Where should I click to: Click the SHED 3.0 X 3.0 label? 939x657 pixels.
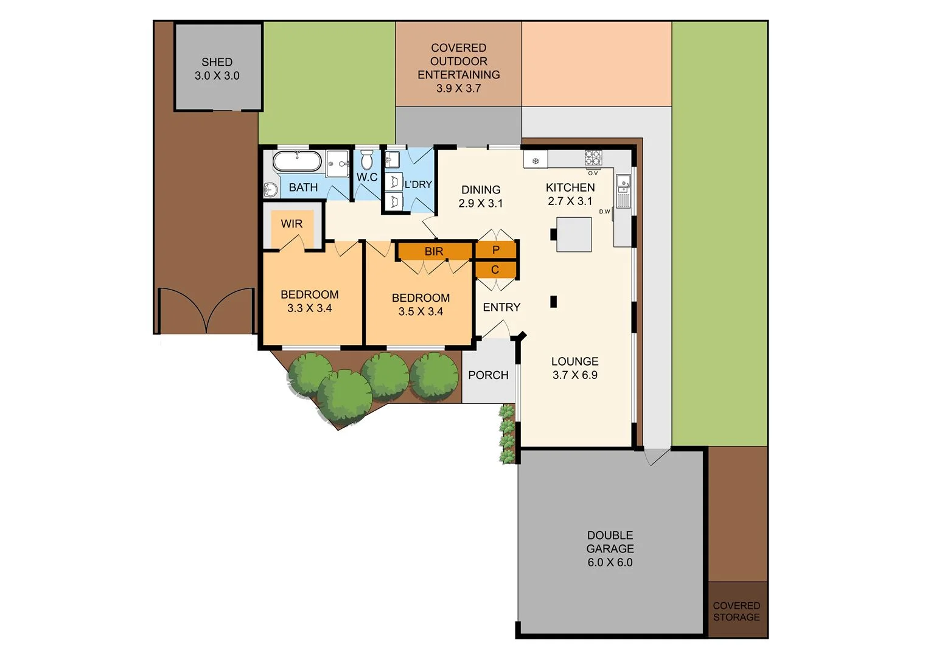pyautogui.click(x=217, y=69)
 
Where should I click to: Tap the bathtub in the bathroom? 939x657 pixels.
pyautogui.click(x=296, y=162)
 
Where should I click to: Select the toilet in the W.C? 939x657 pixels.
pyautogui.click(x=366, y=161)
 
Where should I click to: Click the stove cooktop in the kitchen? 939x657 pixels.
pyautogui.click(x=593, y=158)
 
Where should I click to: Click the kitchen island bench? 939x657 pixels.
pyautogui.click(x=573, y=234)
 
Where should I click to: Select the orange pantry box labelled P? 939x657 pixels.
pyautogui.click(x=495, y=250)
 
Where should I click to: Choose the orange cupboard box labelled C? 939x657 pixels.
pyautogui.click(x=495, y=269)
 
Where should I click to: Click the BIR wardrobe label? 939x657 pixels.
pyautogui.click(x=434, y=251)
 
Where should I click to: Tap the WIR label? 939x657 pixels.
pyautogui.click(x=291, y=224)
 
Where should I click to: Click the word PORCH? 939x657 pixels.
pyautogui.click(x=488, y=375)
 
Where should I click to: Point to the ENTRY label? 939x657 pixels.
pyautogui.click(x=501, y=307)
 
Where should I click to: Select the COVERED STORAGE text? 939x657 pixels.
pyautogui.click(x=736, y=611)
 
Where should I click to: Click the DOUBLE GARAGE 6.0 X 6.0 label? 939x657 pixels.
pyautogui.click(x=610, y=549)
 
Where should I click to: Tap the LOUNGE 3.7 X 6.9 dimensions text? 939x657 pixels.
pyautogui.click(x=574, y=375)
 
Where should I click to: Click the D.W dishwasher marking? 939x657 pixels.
pyautogui.click(x=604, y=212)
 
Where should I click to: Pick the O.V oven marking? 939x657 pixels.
pyautogui.click(x=592, y=173)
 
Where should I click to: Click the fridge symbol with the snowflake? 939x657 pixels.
pyautogui.click(x=536, y=161)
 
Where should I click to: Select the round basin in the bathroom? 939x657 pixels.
pyautogui.click(x=271, y=190)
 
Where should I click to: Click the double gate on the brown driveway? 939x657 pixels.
pyautogui.click(x=206, y=310)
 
